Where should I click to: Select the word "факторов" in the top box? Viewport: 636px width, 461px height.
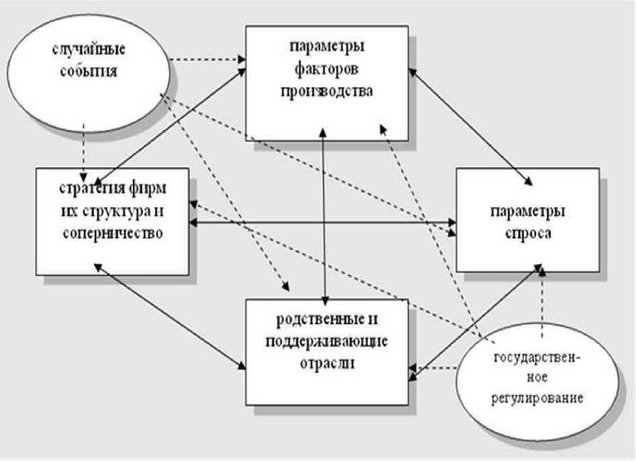(326, 69)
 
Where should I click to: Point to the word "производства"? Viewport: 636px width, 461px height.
(326, 91)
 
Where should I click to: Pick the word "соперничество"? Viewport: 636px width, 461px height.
(111, 233)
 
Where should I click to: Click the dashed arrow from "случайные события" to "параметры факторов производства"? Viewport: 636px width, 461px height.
(208, 61)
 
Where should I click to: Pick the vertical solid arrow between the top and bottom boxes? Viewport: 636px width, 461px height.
(325, 215)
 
